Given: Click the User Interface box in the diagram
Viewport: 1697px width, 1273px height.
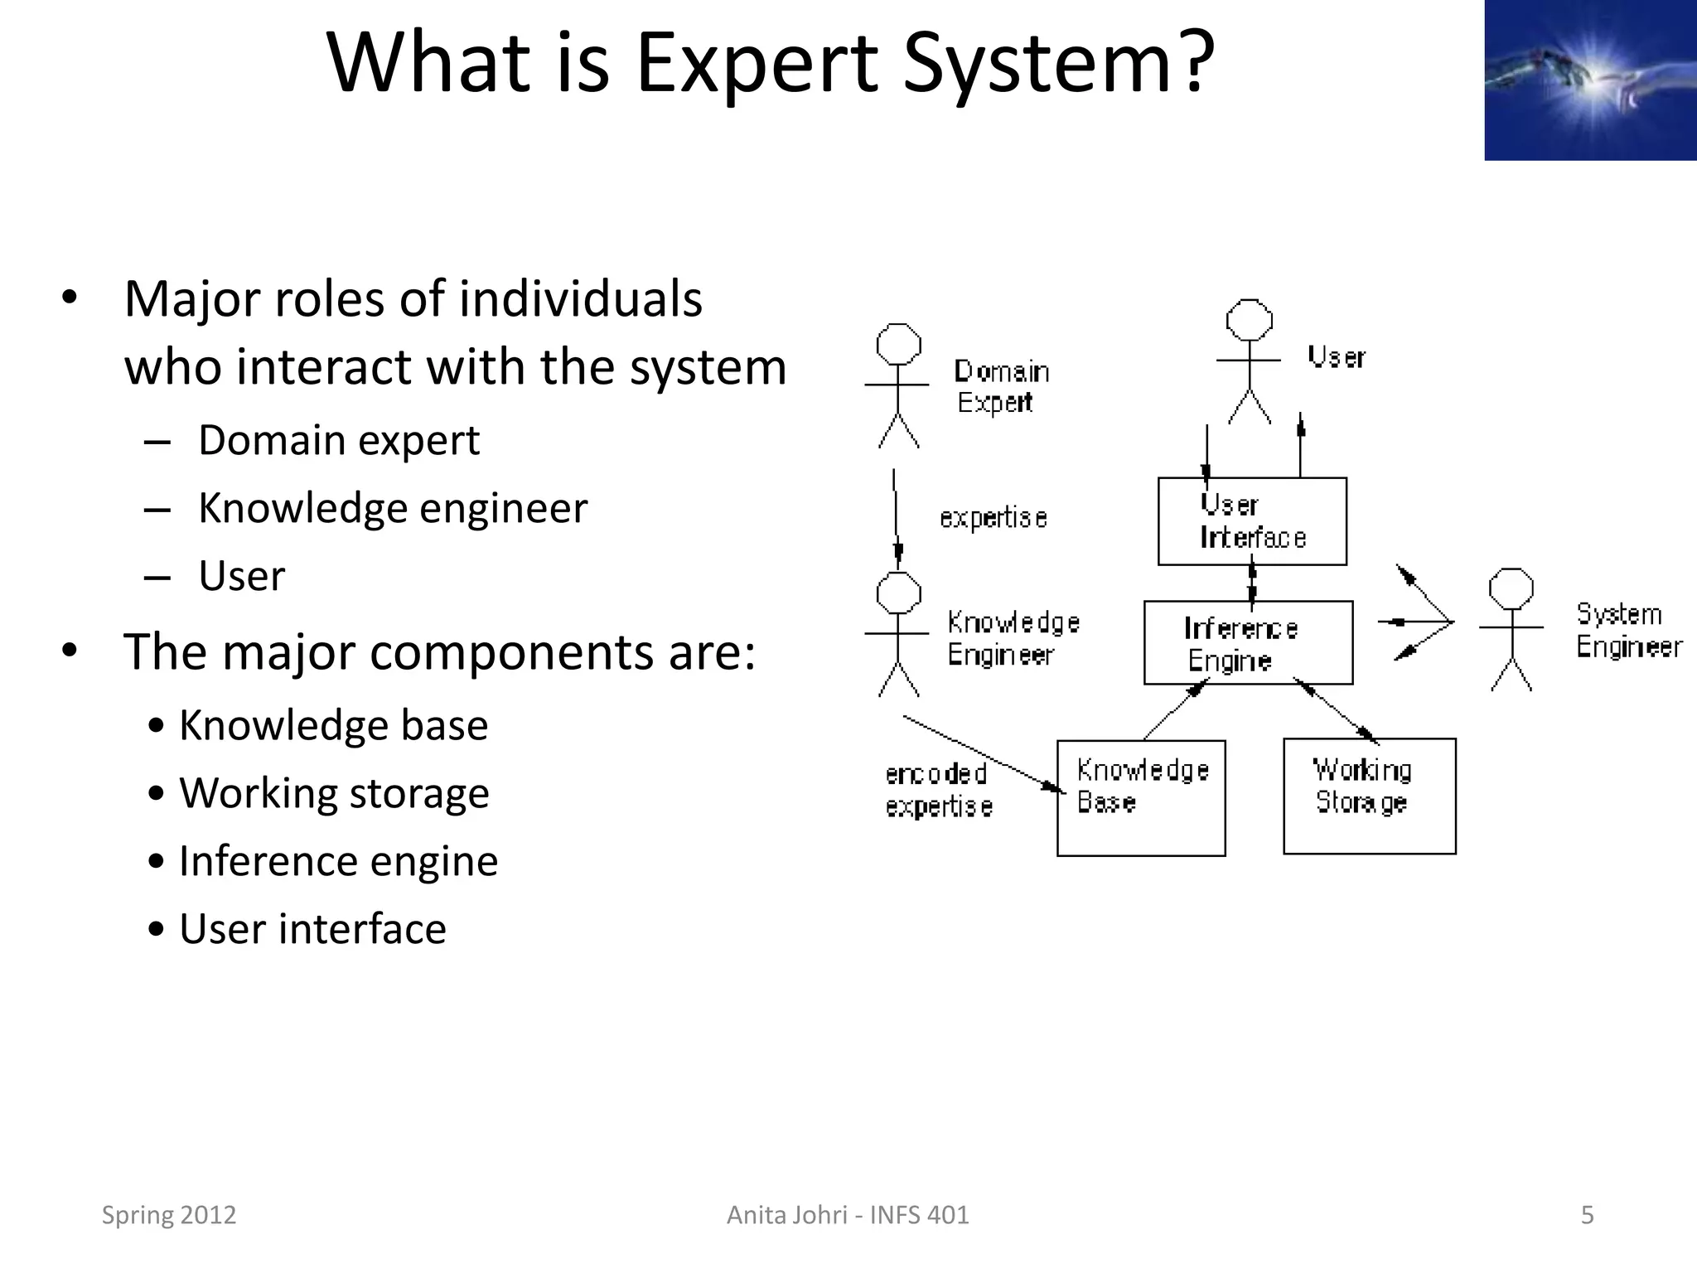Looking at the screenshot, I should (1251, 521).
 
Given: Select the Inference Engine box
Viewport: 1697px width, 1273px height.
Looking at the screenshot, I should (1247, 643).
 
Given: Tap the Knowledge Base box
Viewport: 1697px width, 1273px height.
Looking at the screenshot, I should (1141, 797).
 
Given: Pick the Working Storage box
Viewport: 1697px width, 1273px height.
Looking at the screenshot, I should (1369, 796).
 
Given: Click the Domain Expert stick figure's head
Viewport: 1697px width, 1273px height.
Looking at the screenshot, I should (899, 344).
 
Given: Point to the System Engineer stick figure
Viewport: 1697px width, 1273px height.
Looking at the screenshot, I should (1511, 630).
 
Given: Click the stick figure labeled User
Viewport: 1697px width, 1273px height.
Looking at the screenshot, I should (1249, 361).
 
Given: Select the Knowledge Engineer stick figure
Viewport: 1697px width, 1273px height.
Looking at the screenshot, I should (898, 634).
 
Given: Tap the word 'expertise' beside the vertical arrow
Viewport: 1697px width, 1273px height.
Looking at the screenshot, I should (993, 518).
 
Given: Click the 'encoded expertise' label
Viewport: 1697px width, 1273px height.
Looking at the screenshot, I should (938, 790).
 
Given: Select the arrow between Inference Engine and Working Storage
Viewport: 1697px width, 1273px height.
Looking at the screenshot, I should (1336, 710).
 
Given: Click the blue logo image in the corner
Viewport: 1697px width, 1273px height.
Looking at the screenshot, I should (1589, 80).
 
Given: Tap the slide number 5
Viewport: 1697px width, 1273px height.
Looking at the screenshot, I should (1587, 1215).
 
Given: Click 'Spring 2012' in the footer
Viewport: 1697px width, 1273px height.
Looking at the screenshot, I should (169, 1215).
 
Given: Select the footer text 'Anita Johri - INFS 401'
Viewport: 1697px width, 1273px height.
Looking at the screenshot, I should (847, 1215).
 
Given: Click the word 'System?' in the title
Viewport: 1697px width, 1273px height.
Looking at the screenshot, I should (1057, 65).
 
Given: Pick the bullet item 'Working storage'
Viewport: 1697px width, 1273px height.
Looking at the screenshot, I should (334, 793).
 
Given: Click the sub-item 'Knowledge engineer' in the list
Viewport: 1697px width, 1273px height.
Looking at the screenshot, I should (392, 508).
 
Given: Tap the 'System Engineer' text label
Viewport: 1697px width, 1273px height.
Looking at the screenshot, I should (1628, 631).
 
